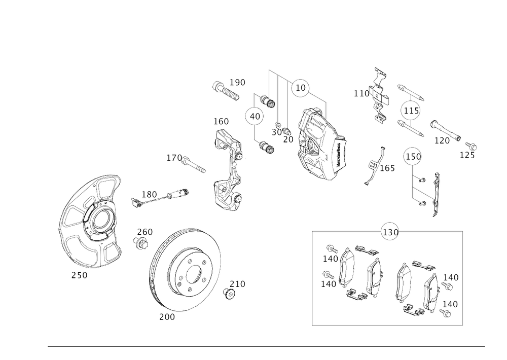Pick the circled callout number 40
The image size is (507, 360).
(x=255, y=117)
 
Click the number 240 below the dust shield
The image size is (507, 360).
(x=79, y=276)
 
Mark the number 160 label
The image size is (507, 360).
(x=221, y=122)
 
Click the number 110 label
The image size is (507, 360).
(x=360, y=93)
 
